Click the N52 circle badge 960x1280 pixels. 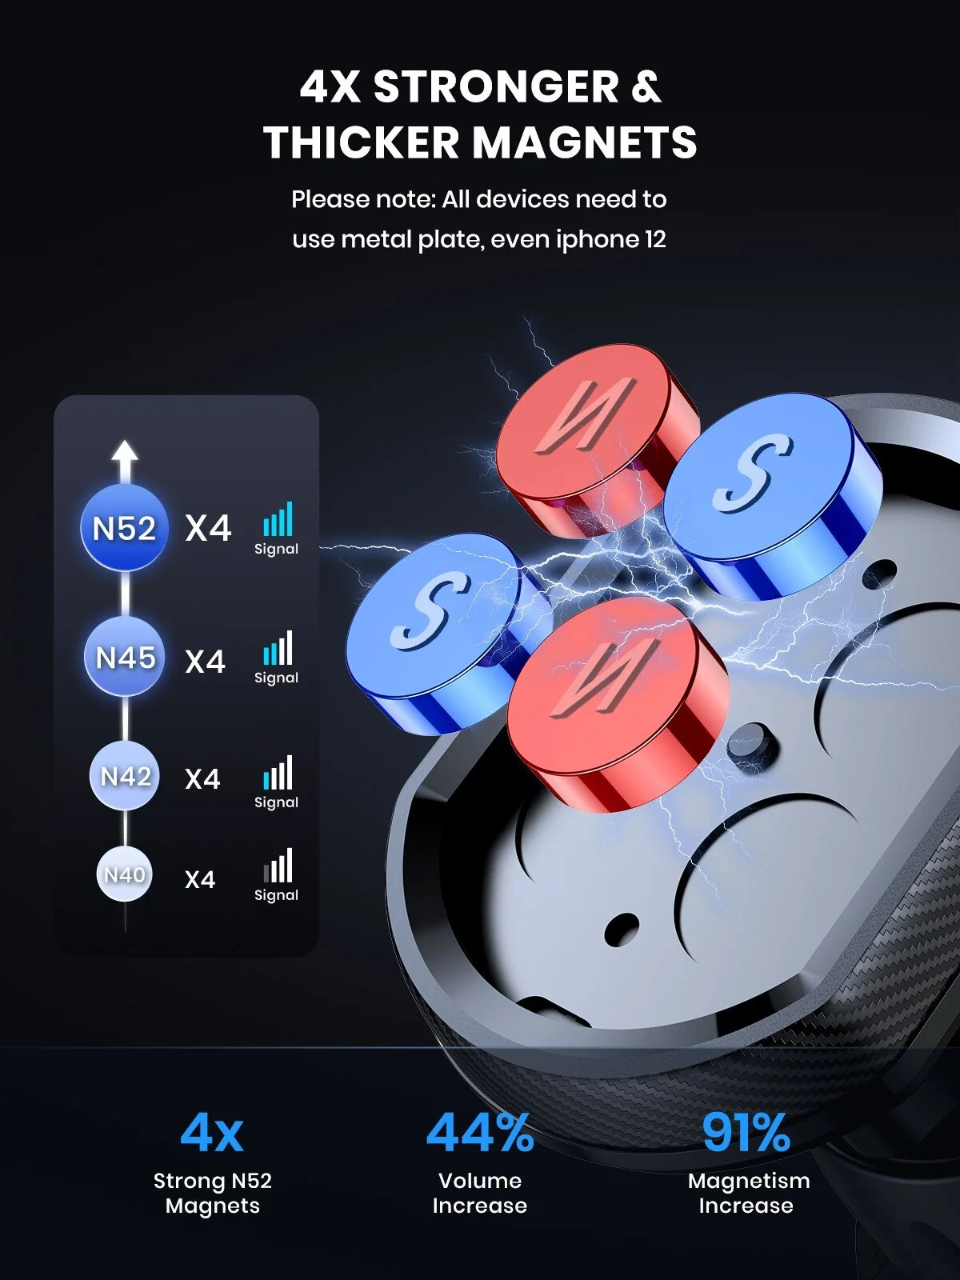click(x=124, y=528)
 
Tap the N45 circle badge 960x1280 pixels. click(x=125, y=658)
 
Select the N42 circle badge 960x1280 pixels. click(x=125, y=775)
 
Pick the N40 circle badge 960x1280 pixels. click(x=125, y=874)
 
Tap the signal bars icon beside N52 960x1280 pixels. click(x=278, y=518)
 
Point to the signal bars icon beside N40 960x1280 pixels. click(x=278, y=865)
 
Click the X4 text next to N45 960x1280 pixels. click(x=205, y=662)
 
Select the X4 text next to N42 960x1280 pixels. click(x=203, y=779)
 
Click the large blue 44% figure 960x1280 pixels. click(x=480, y=1133)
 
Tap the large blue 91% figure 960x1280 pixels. click(x=746, y=1133)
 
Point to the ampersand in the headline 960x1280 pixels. click(x=646, y=87)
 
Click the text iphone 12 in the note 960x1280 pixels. click(x=610, y=239)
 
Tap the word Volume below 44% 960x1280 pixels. click(x=480, y=1181)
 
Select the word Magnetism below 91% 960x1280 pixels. click(x=749, y=1181)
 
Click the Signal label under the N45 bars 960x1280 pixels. click(x=276, y=678)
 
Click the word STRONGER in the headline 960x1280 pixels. click(x=496, y=87)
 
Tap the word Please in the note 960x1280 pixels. click(x=327, y=199)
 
